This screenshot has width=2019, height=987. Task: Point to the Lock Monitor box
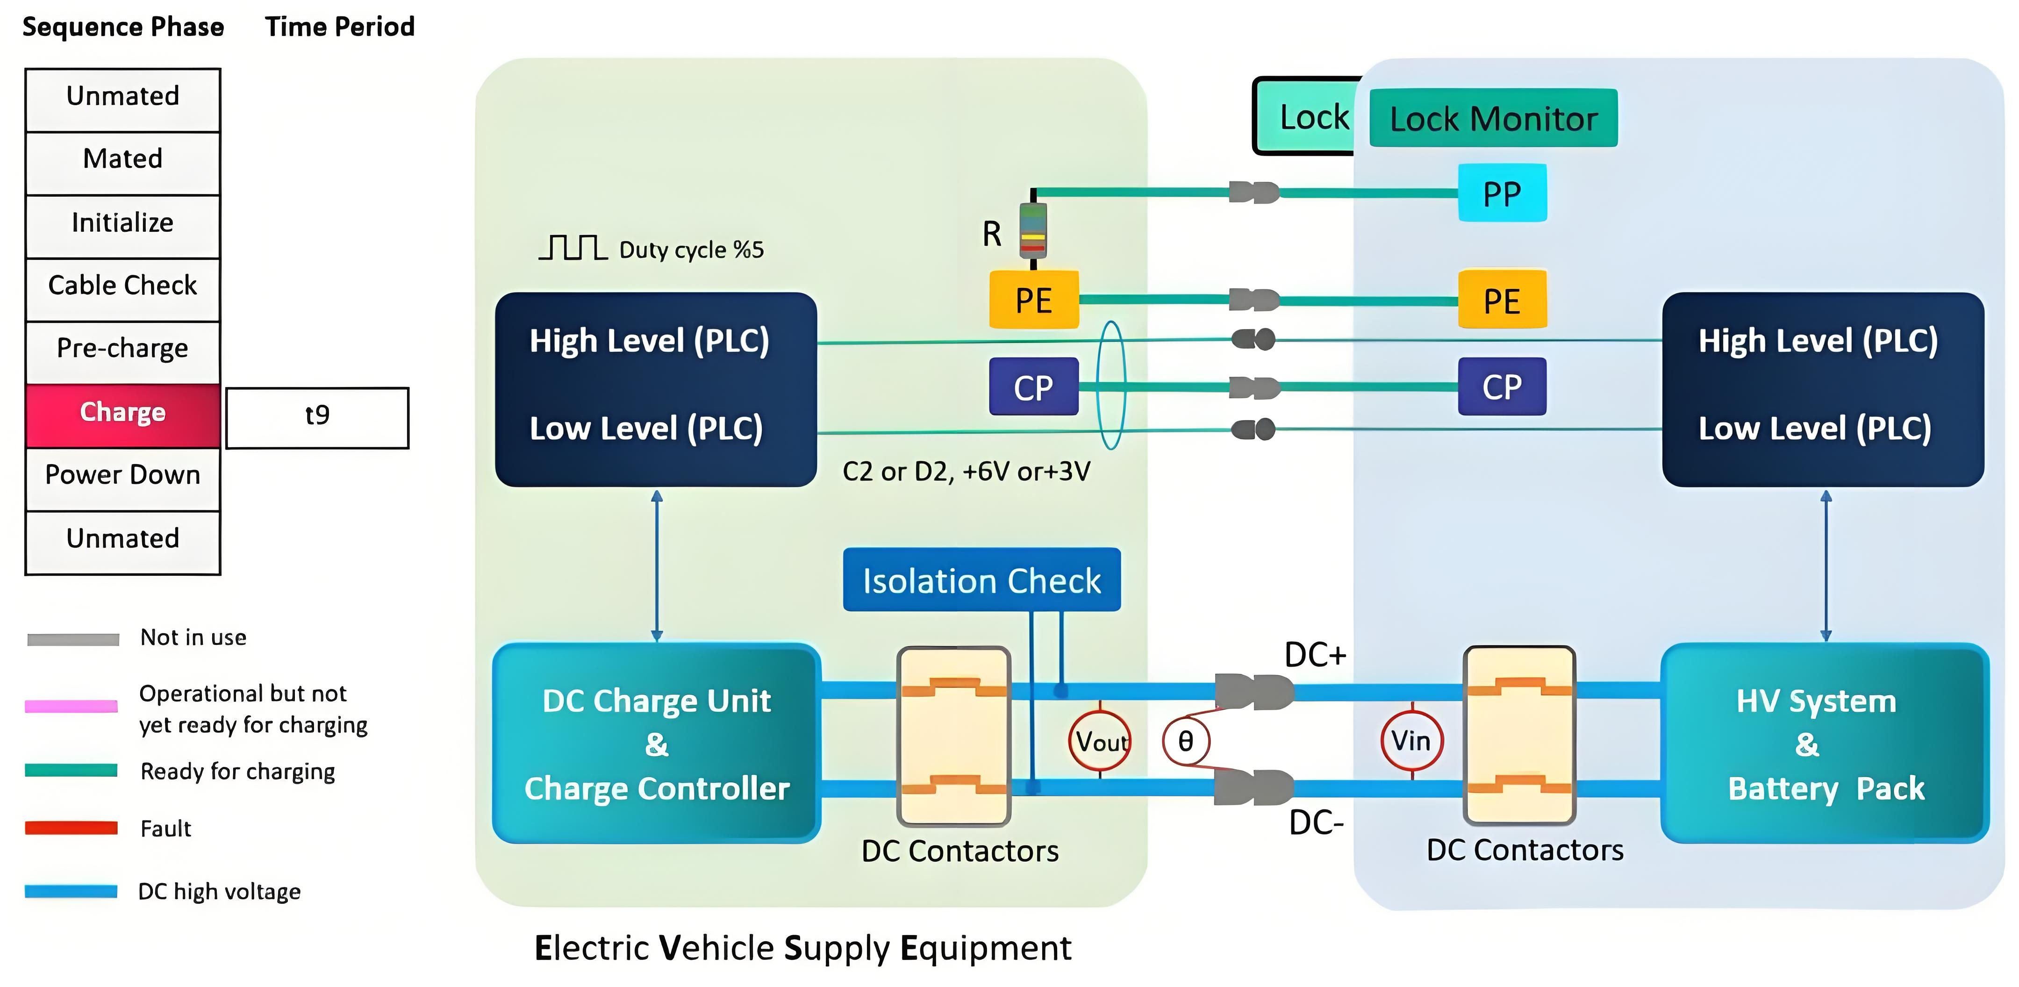tap(1493, 118)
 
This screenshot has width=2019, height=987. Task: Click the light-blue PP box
tap(1502, 193)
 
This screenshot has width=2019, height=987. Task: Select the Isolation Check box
tap(981, 580)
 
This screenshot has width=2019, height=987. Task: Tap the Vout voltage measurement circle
tap(1100, 740)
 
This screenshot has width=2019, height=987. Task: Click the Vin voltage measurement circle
tap(1411, 740)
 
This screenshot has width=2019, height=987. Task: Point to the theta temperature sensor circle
tap(1185, 740)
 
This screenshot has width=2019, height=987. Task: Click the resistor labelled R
tap(1032, 230)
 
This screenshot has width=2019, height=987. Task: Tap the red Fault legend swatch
tap(72, 828)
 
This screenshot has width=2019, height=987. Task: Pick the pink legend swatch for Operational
tap(72, 706)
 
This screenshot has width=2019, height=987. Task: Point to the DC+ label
tap(1315, 655)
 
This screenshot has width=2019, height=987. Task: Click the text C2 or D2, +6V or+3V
tap(966, 471)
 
